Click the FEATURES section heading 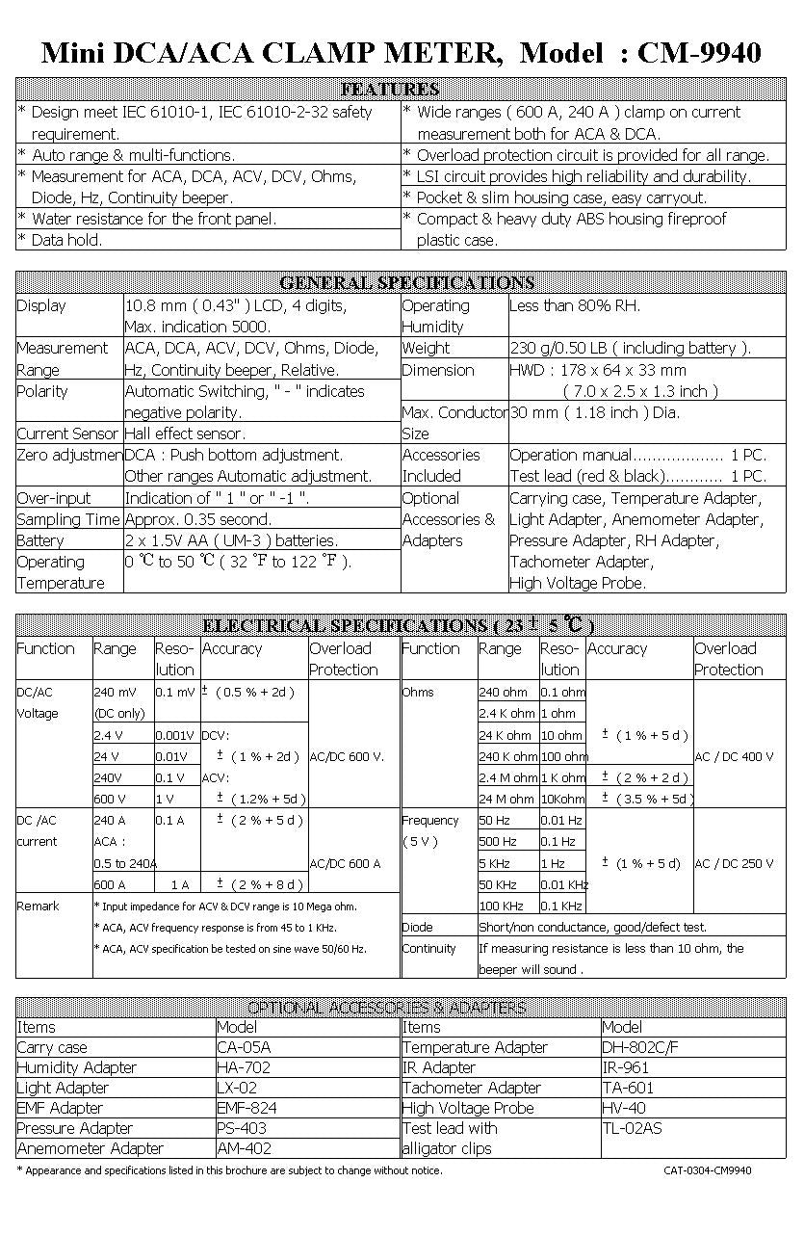(x=391, y=90)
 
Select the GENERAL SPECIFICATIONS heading (x=405, y=283)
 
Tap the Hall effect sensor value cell (x=185, y=434)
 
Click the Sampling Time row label (x=68, y=519)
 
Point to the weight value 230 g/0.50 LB (x=630, y=348)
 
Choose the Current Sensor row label (x=68, y=434)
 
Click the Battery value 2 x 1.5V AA (x=231, y=540)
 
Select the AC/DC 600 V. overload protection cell (x=347, y=756)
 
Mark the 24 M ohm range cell (x=506, y=799)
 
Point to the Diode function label (x=418, y=927)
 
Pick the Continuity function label (x=429, y=948)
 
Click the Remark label (x=39, y=906)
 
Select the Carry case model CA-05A (x=244, y=1047)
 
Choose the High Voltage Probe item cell (x=468, y=1108)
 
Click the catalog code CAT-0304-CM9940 (x=708, y=1170)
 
